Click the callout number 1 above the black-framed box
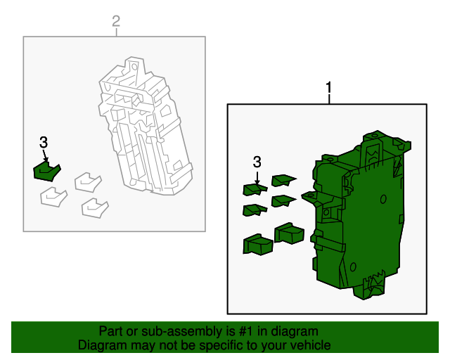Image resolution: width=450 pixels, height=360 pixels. tap(329, 87)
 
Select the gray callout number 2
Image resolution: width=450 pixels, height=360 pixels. tap(116, 21)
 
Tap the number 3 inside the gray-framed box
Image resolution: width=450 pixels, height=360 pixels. tap(44, 143)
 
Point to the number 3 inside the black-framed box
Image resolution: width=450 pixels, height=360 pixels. tap(257, 162)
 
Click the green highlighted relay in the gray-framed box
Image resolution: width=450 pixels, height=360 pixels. tap(46, 172)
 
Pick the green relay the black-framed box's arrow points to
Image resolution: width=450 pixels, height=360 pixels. tap(255, 189)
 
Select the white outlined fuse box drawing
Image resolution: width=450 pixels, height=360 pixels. tap(146, 126)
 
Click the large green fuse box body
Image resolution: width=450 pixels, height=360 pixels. tap(359, 215)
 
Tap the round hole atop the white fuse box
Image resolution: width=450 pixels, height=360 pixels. tap(134, 67)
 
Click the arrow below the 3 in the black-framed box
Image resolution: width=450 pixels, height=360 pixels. tap(257, 178)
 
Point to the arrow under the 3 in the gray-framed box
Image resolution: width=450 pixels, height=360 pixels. tap(45, 155)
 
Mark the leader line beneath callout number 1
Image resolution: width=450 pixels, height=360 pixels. tap(329, 98)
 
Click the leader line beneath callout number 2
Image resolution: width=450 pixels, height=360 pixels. tap(116, 32)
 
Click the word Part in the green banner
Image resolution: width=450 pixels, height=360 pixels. tap(110, 331)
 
